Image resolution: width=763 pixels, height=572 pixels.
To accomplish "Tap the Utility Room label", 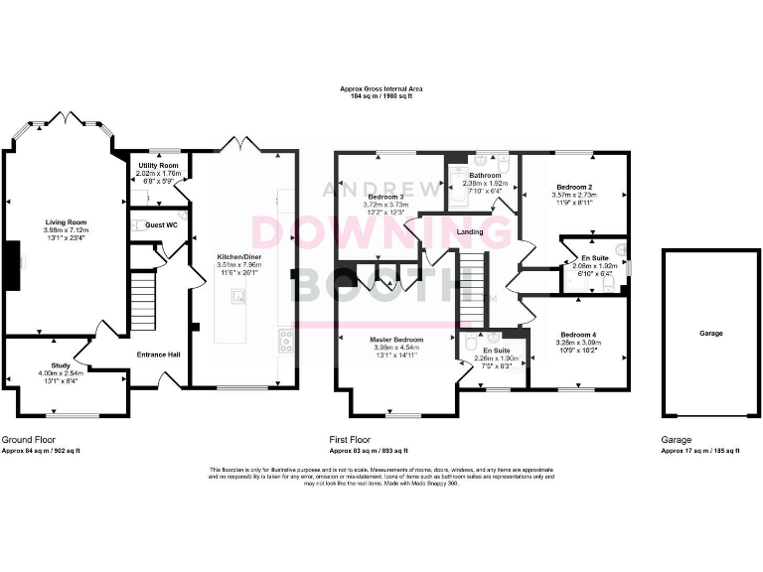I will click(x=158, y=165).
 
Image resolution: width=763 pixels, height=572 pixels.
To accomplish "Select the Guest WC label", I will click(x=160, y=226).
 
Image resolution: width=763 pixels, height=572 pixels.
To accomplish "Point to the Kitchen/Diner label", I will click(x=237, y=255).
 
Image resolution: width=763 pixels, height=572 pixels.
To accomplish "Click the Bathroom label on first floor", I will click(x=485, y=175).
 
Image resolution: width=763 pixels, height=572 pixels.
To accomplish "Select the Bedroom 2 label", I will click(x=574, y=187).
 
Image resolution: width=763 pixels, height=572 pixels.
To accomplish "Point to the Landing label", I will click(x=469, y=231).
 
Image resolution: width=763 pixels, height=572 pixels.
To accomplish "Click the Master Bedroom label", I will click(x=397, y=340).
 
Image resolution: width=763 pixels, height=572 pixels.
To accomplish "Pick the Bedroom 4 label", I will click(x=577, y=334).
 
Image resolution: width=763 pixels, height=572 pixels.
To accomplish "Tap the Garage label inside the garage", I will click(x=710, y=334).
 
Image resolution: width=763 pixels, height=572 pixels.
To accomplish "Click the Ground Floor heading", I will click(x=28, y=438).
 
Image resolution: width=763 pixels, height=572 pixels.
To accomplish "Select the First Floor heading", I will click(x=350, y=438).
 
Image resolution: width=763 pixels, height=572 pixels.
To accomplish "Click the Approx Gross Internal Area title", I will click(x=381, y=89).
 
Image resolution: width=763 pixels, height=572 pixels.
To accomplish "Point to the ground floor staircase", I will click(x=144, y=302).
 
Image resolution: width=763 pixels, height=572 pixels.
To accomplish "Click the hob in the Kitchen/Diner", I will click(x=285, y=342).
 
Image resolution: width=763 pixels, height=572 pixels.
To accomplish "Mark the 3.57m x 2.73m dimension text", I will click(x=574, y=196).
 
